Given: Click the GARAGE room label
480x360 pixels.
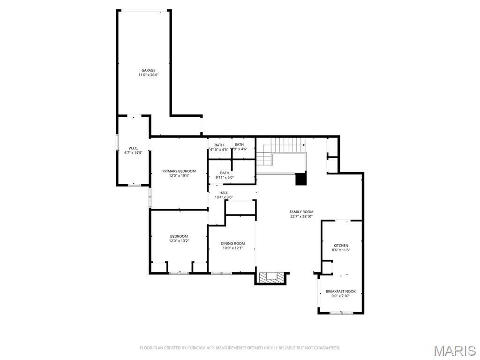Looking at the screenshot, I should [x=149, y=70].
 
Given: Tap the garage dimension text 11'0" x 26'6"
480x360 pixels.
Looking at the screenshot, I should [x=149, y=75].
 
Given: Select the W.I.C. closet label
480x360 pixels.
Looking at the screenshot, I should [x=133, y=148].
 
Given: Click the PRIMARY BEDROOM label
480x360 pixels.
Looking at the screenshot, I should [x=179, y=171].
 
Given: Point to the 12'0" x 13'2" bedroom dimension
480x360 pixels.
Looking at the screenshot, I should [x=179, y=241].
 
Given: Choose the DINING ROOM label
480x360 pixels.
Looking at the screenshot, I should [x=233, y=243].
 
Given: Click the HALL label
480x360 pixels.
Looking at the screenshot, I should [x=224, y=193].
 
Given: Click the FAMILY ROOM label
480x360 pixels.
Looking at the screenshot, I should [x=301, y=212].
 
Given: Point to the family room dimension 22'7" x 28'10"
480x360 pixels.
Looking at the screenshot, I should [x=301, y=217].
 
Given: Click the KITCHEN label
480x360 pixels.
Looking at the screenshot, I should [x=341, y=246].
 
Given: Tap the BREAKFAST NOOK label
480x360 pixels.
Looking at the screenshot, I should [x=341, y=291].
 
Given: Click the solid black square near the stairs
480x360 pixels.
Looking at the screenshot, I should [x=300, y=179].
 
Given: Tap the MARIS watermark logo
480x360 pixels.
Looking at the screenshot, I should [x=454, y=351].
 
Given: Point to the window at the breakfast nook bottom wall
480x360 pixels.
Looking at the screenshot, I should [x=341, y=313].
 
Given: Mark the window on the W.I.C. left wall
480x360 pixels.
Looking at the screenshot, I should [x=117, y=143].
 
